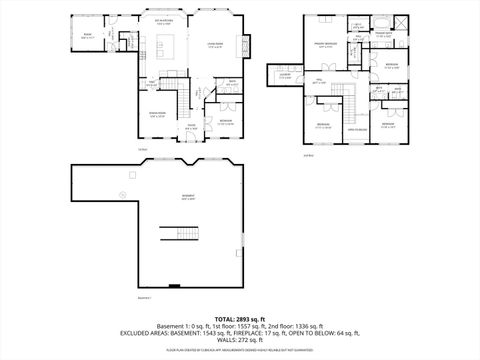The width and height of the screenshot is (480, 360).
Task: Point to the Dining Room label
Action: tap(157, 115)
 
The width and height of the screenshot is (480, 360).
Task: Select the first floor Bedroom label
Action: tap(226, 122)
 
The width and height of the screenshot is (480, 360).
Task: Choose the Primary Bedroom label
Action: tap(325, 45)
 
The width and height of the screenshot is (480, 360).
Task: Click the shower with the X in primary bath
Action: tap(402, 22)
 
